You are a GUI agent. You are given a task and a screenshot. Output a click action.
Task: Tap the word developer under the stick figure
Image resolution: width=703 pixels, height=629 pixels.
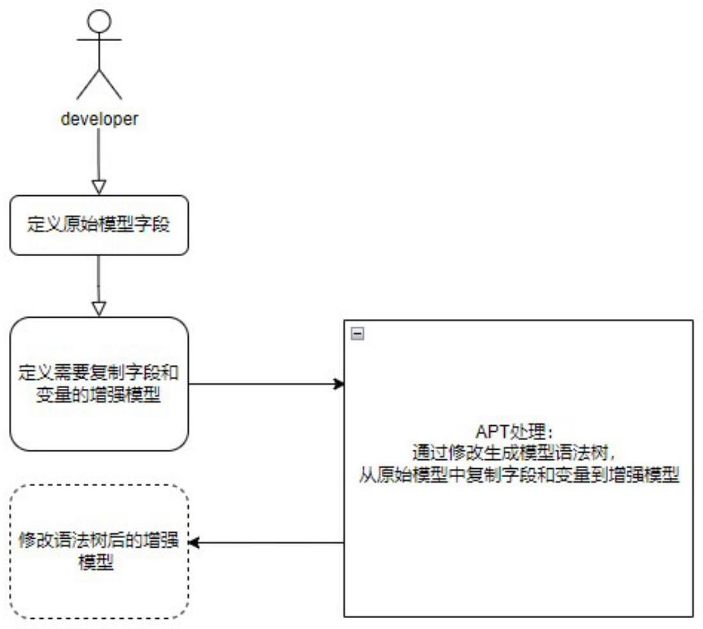click(x=99, y=119)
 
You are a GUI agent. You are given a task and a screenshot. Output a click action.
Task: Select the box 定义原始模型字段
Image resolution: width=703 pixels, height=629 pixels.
click(x=99, y=225)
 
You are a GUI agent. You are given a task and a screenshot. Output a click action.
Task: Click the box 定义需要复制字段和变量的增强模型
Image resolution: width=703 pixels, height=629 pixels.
click(x=99, y=384)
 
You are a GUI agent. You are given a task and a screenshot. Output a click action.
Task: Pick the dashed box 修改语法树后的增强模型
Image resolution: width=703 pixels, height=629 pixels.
click(x=99, y=551)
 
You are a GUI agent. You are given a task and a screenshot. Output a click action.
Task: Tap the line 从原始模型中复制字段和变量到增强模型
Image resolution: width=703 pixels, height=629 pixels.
click(x=519, y=475)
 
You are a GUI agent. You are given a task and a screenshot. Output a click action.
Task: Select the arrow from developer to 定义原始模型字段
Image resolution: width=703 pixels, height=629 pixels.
click(x=99, y=160)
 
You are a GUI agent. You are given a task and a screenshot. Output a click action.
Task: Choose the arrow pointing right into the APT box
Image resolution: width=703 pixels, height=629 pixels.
click(x=266, y=384)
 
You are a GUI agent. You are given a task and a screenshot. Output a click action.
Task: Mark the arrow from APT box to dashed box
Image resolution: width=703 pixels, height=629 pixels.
click(x=266, y=543)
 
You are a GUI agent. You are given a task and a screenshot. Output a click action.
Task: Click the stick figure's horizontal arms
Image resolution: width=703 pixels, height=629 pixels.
click(x=99, y=40)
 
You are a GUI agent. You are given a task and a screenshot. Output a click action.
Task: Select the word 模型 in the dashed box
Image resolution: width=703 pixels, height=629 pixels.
click(x=99, y=562)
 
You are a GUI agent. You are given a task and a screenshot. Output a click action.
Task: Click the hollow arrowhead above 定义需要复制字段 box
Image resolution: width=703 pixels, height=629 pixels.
click(x=99, y=309)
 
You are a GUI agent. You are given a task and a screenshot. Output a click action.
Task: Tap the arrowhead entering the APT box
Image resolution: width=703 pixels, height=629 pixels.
click(x=339, y=384)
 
